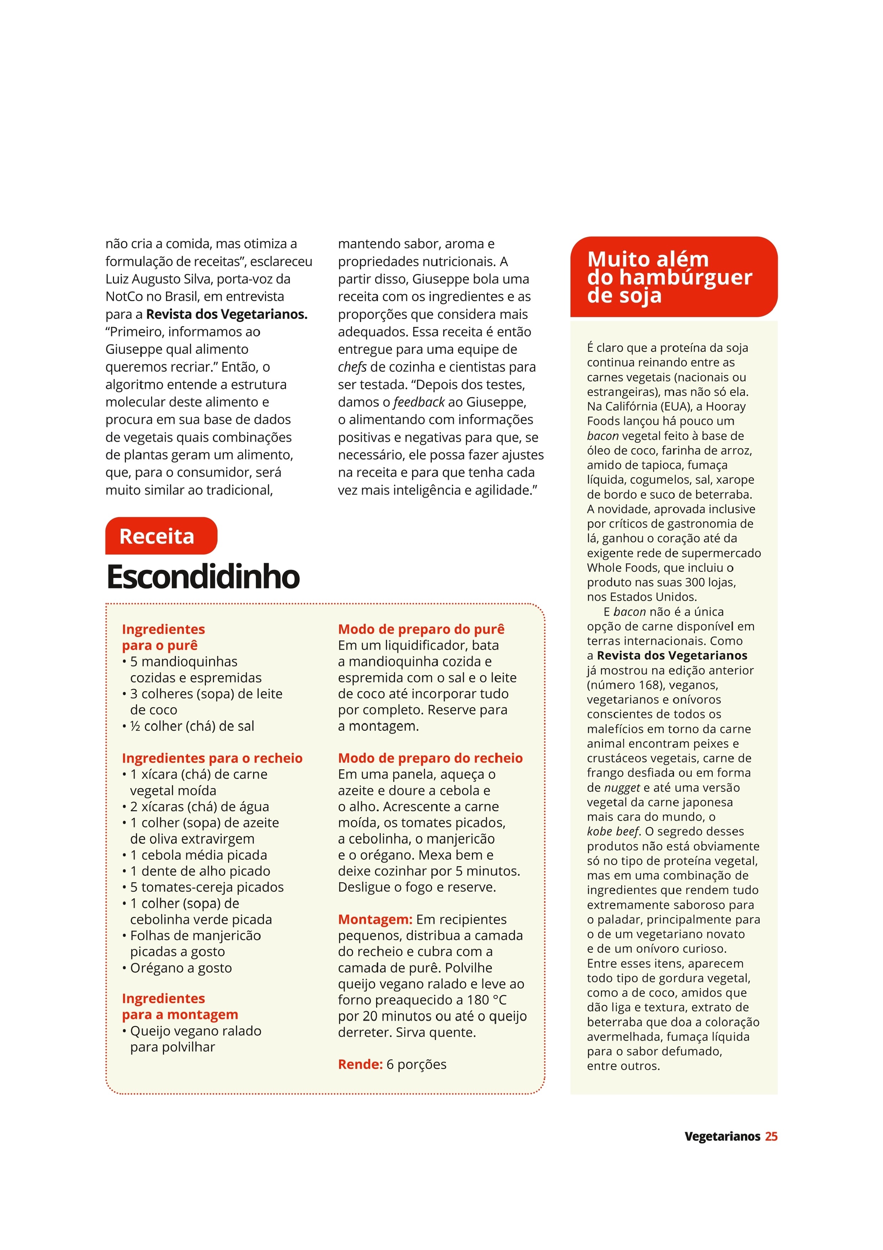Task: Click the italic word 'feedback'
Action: [x=419, y=402]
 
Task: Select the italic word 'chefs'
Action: [x=352, y=367]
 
